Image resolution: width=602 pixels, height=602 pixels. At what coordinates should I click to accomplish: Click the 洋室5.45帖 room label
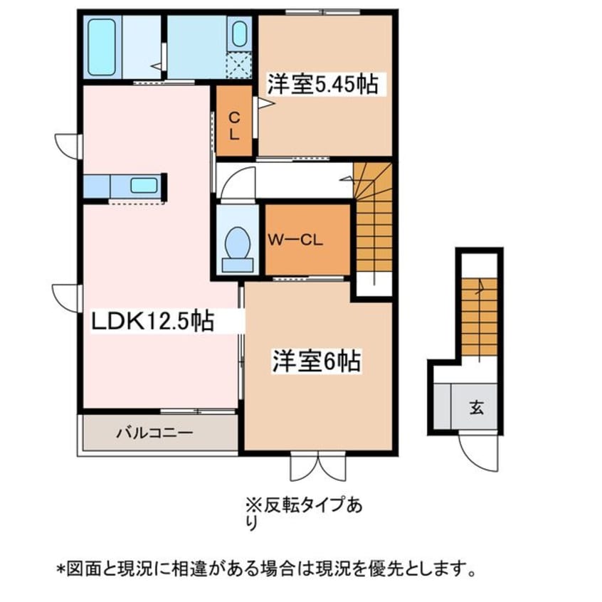322,85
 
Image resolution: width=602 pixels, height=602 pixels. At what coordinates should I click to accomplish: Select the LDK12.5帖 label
152,321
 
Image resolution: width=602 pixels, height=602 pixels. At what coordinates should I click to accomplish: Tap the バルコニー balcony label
154,432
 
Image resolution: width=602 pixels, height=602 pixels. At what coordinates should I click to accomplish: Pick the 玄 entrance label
475,408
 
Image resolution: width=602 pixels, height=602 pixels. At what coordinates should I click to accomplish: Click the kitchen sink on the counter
144,186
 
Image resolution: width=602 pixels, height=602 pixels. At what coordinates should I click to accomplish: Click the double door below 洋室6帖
317,466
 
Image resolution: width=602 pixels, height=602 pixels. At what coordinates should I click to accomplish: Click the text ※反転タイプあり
303,513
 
